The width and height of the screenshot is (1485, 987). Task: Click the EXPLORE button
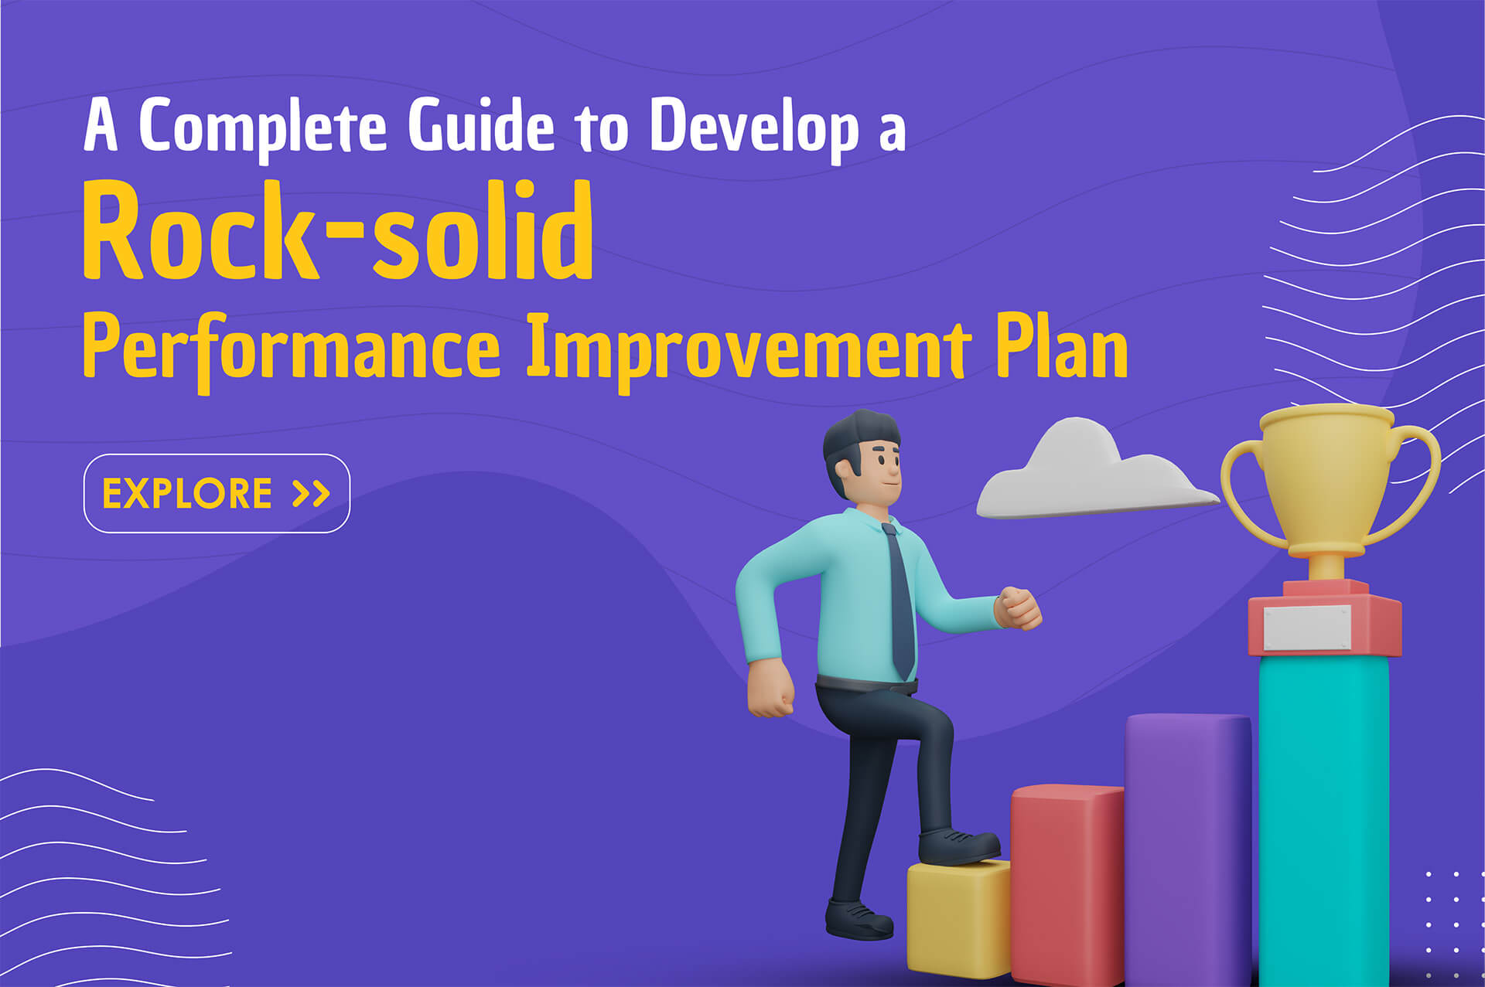(x=217, y=493)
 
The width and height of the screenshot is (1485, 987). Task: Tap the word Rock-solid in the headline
(x=338, y=230)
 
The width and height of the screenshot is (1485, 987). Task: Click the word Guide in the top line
(x=481, y=125)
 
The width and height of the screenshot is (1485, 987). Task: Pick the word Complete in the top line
(x=262, y=128)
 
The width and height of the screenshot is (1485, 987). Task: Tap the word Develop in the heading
(x=754, y=128)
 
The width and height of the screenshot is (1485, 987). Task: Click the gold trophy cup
(x=1329, y=487)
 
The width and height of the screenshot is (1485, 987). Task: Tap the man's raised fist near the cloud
(x=1019, y=608)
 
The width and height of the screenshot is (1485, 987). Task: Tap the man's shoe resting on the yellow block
(x=958, y=846)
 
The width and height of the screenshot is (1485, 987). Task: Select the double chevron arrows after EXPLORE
(x=312, y=493)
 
